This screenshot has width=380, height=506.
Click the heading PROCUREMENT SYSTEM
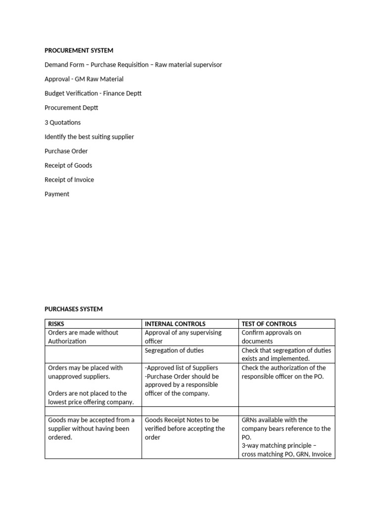pos(79,50)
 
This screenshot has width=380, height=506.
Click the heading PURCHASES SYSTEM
pos(73,309)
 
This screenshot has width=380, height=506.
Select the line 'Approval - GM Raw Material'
pos(84,79)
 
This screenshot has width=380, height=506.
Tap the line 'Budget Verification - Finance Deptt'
pos(93,93)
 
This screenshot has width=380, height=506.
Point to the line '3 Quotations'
pos(62,123)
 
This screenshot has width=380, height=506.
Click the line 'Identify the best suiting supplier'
pos(89,137)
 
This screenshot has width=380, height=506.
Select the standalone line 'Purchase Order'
pos(66,151)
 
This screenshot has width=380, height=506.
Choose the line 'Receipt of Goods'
pos(68,166)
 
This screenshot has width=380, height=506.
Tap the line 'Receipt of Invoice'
pos(69,180)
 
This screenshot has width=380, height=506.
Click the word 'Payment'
pos(57,194)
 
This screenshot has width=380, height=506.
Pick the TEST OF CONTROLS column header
pos(269,324)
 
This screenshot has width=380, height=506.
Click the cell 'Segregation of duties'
pos(174,350)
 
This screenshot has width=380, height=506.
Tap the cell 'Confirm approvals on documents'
pos(271,337)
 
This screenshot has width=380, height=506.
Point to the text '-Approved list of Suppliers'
pos(181,368)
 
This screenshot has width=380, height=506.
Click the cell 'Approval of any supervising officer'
pos(183,337)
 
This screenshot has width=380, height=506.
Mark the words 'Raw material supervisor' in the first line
pos(189,65)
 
